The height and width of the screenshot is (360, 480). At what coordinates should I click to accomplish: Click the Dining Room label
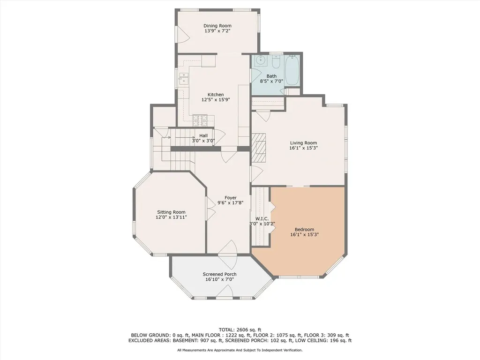click(217, 26)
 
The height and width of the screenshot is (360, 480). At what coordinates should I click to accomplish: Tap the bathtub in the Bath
click(292, 70)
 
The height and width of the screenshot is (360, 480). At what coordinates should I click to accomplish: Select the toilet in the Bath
click(276, 61)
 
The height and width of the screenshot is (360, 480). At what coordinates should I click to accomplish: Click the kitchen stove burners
click(200, 120)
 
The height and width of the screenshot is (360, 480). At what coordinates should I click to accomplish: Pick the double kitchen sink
click(184, 79)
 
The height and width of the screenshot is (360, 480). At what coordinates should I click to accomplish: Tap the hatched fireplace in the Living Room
click(259, 148)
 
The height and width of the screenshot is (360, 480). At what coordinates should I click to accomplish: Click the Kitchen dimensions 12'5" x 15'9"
click(216, 99)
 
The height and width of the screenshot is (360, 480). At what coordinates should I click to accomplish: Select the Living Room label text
click(303, 142)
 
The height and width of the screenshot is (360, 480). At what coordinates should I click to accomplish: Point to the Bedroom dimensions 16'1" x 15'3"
click(305, 234)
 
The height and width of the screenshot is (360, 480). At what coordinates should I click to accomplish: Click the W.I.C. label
click(262, 218)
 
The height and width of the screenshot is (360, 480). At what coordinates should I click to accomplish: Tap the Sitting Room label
click(171, 212)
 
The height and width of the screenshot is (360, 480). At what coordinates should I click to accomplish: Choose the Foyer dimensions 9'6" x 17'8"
click(231, 202)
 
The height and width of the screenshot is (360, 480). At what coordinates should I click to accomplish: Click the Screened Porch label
click(219, 274)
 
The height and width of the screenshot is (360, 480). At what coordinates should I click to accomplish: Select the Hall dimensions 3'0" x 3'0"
click(203, 141)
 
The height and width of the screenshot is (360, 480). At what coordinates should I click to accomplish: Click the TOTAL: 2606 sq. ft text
click(240, 330)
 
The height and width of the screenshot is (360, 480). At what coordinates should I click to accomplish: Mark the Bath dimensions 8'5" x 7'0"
click(271, 82)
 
